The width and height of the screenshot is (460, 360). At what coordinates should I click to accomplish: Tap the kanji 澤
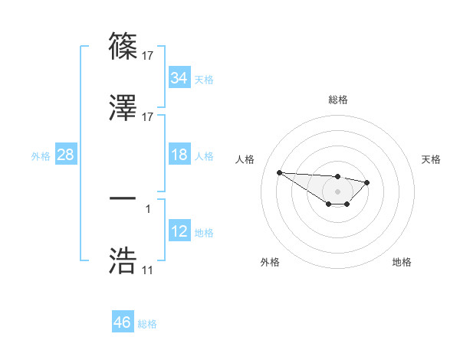point(123,107)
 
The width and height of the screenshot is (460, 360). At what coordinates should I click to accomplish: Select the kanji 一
point(123,198)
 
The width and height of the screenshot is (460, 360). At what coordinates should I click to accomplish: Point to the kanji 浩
point(123,260)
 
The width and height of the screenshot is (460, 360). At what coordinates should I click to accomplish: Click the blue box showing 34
point(179,78)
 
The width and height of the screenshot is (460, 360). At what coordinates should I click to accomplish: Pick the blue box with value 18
point(179,155)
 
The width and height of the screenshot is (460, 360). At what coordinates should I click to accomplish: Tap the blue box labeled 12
point(179,231)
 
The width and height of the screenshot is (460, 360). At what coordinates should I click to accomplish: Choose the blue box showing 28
point(65,155)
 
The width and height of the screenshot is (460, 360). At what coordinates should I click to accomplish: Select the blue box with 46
point(122,322)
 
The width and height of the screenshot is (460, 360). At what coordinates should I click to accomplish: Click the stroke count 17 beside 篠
point(148,55)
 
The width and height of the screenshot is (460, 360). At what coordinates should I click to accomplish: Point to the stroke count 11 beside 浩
point(148,270)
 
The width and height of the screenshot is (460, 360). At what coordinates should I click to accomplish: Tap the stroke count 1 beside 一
point(148,208)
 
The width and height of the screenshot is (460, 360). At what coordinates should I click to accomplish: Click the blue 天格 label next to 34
point(204,80)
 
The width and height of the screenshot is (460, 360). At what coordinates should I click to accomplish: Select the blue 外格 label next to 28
point(41,156)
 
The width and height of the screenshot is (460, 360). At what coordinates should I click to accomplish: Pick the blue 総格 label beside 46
point(147,324)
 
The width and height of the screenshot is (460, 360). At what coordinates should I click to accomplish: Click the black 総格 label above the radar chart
point(338,100)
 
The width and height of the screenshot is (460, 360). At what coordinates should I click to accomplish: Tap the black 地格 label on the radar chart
point(402,262)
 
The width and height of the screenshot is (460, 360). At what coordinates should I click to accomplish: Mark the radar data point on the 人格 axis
point(279,172)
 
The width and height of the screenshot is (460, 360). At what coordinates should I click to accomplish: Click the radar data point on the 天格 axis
point(367,182)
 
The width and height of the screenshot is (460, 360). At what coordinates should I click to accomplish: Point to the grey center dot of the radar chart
point(337,191)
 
